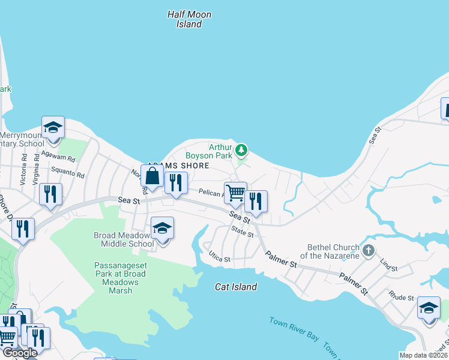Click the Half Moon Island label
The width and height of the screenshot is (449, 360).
(189, 19)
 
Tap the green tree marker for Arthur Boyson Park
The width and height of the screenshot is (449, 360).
(241, 149)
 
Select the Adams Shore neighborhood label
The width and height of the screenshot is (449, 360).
(178, 166)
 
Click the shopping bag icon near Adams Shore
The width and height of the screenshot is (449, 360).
(152, 176)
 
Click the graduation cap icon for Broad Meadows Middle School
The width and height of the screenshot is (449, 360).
(162, 228)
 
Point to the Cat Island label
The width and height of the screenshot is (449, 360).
(236, 287)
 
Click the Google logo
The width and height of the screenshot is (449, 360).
(20, 353)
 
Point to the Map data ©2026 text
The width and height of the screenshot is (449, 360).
(423, 355)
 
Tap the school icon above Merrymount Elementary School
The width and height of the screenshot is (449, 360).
(53, 127)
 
